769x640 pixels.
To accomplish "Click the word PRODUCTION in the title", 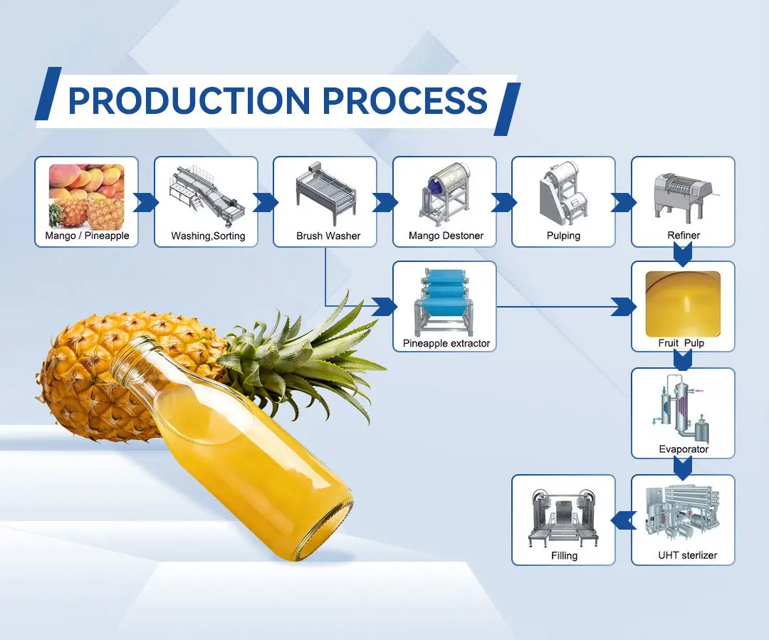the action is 189,100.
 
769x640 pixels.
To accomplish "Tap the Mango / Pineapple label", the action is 87,236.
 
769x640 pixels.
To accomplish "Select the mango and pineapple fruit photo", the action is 86,194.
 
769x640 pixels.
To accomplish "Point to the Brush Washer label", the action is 328,236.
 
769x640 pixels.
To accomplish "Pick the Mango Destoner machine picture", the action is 444,192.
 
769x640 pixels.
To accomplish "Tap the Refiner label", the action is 684,236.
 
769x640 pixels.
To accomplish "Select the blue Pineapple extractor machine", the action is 444,303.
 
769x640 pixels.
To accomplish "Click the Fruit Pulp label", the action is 681,343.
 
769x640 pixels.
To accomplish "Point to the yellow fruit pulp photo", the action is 683,303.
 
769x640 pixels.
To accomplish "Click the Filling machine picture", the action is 563,516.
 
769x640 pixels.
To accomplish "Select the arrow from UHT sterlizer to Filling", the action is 624,520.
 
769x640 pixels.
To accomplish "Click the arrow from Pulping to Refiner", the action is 624,202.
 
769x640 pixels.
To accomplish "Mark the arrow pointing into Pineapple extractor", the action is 384,307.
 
